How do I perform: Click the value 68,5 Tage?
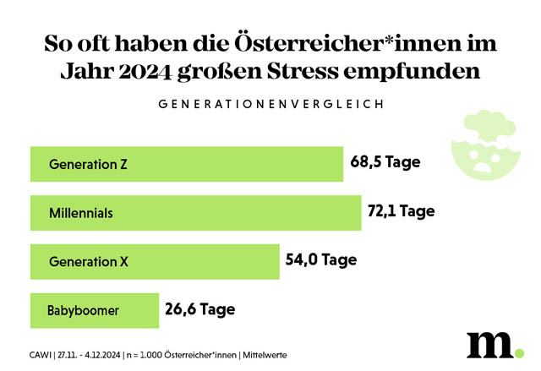[385, 162]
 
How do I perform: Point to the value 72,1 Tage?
[401, 211]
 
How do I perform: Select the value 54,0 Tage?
[320, 260]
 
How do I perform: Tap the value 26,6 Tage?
[199, 308]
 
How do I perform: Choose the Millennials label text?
[81, 213]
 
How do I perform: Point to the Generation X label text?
[95, 262]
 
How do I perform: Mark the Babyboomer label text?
[83, 310]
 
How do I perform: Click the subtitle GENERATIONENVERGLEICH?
[270, 104]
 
